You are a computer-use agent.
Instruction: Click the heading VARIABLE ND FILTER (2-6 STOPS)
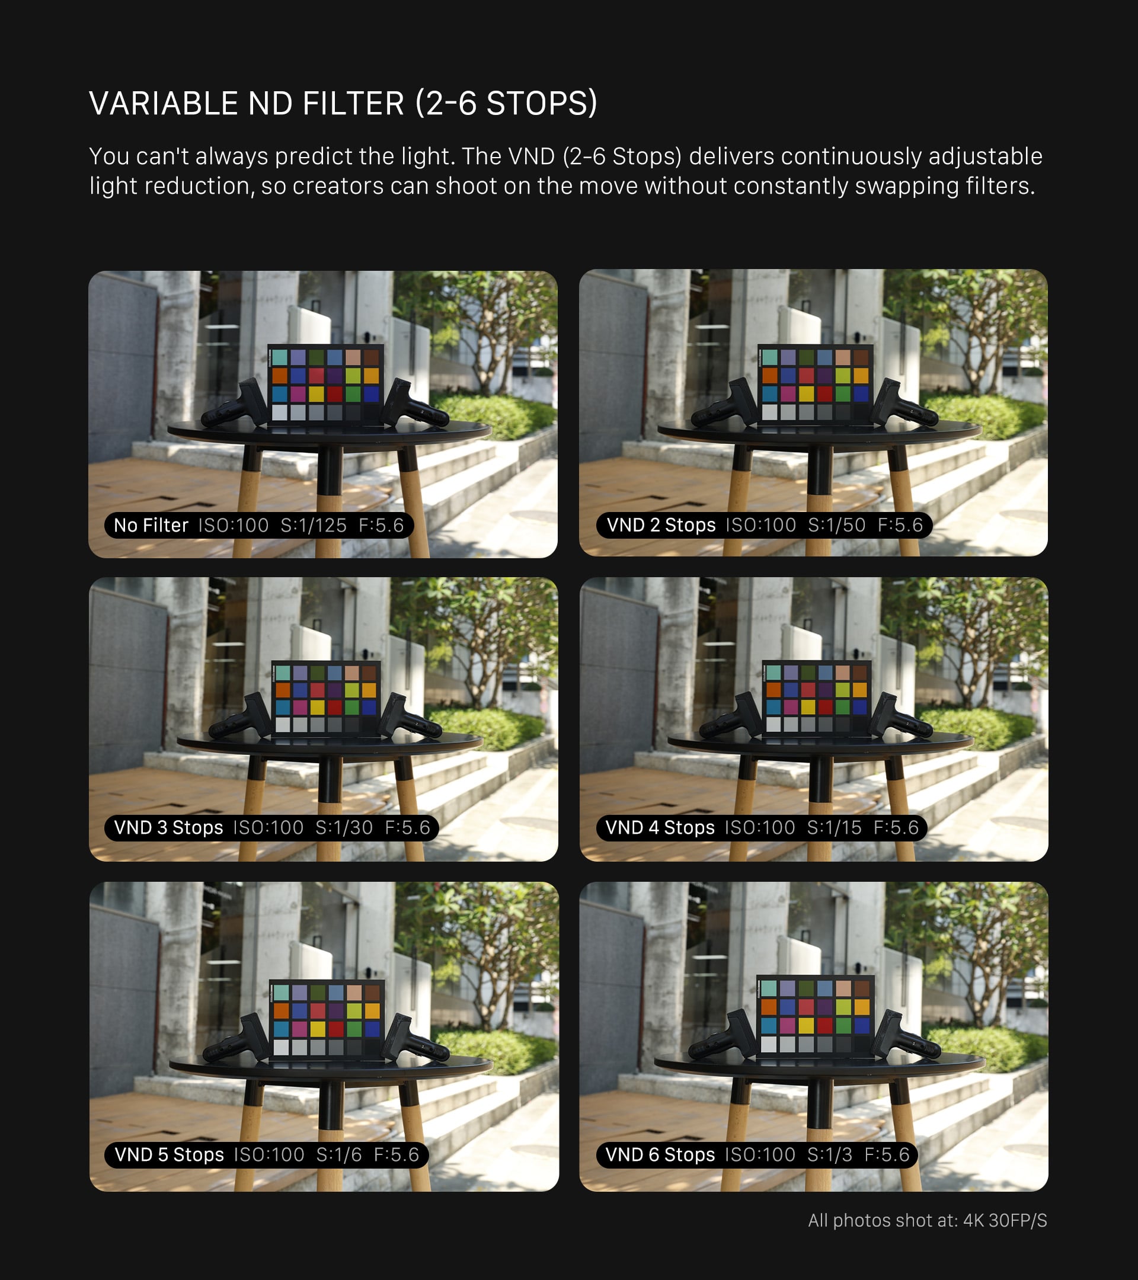(x=343, y=103)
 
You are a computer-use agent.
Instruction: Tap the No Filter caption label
(x=151, y=526)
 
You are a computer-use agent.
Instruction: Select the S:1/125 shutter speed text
(x=313, y=526)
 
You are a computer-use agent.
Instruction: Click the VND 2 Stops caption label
(x=661, y=525)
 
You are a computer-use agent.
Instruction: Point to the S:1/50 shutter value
(x=837, y=525)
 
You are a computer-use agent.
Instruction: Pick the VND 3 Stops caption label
(x=168, y=827)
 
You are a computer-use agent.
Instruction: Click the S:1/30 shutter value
(x=344, y=827)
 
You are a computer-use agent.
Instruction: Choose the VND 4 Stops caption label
(x=660, y=827)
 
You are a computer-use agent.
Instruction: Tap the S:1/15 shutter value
(x=835, y=827)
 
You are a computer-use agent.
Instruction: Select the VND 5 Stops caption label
(x=169, y=1154)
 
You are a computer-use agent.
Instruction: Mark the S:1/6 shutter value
(x=339, y=1154)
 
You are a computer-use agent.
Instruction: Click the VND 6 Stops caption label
(x=660, y=1154)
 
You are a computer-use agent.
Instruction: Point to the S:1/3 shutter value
(x=830, y=1154)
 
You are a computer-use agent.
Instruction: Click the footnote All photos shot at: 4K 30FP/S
(x=928, y=1220)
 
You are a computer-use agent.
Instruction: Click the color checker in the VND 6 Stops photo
(x=816, y=1016)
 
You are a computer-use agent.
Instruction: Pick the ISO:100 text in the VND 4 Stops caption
(x=760, y=827)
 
